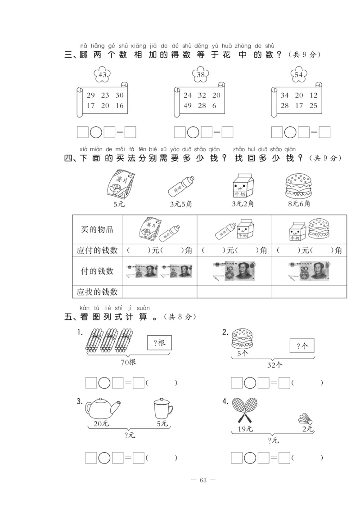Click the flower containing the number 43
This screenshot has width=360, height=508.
[103, 75]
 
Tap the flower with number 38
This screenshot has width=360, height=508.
[201, 75]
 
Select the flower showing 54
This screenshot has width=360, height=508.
[298, 75]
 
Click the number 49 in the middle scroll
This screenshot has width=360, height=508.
[188, 106]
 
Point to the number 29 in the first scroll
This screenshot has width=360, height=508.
[91, 95]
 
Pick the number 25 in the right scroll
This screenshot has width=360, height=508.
[313, 106]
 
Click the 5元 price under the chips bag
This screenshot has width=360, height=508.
[118, 204]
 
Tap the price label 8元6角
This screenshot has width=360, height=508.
[298, 204]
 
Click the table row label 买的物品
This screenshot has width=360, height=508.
[97, 229]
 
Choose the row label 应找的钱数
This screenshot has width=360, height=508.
[97, 292]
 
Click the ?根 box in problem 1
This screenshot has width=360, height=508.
[159, 343]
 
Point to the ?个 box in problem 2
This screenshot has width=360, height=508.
[301, 346]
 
